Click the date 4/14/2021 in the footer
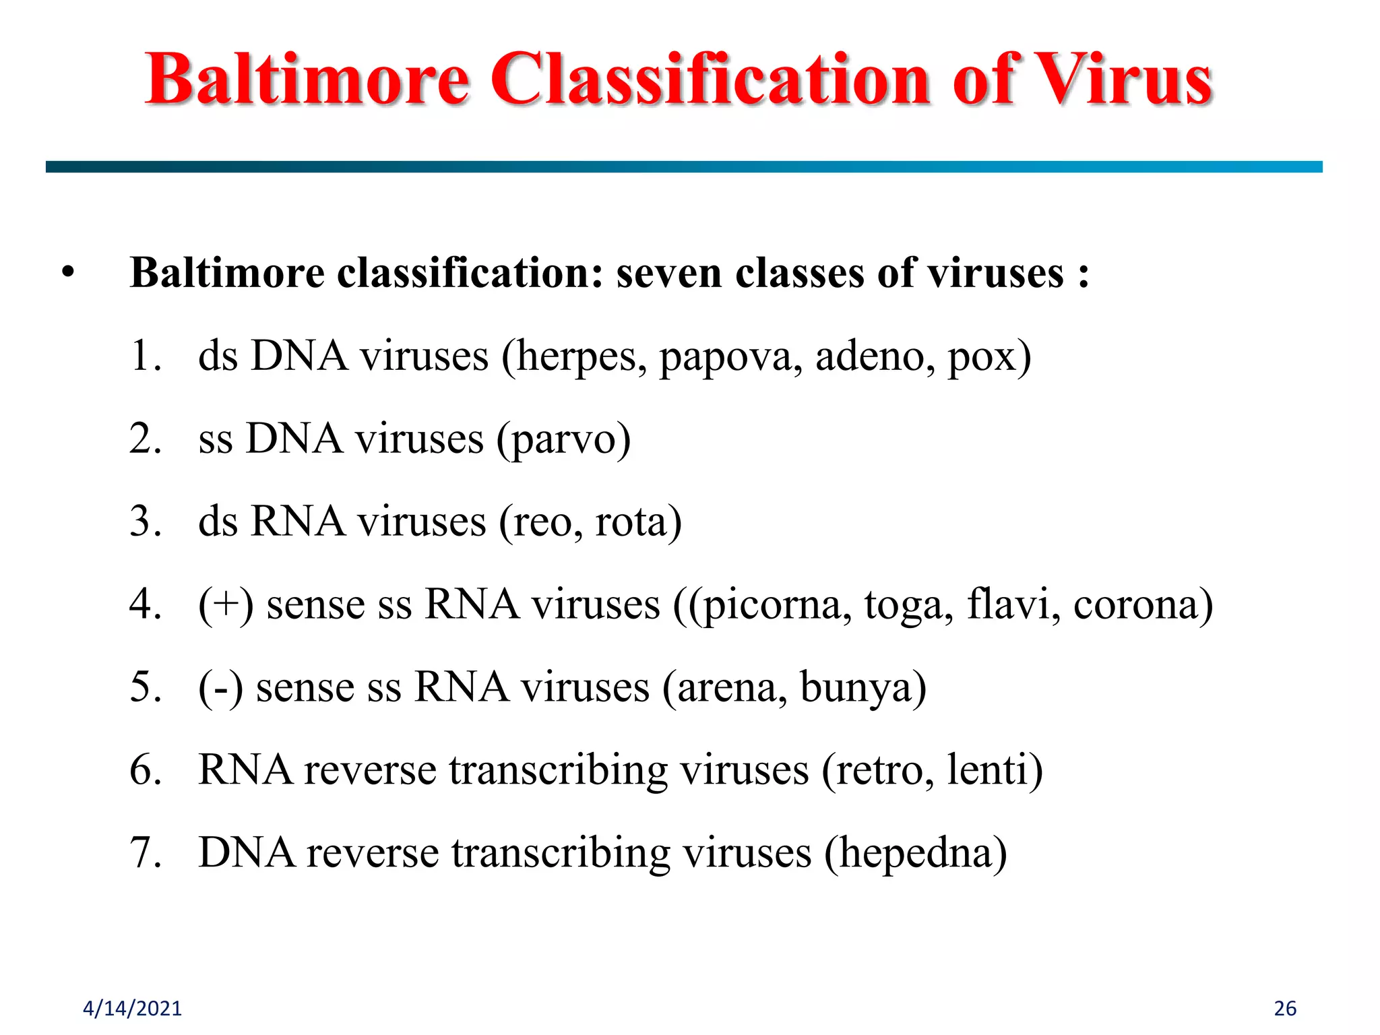click(x=132, y=1008)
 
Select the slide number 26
click(x=1285, y=1008)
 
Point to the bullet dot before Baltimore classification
click(x=67, y=273)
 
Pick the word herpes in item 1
click(x=575, y=357)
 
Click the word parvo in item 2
click(x=563, y=440)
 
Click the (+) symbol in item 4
click(x=226, y=604)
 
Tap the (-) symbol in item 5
click(x=220, y=688)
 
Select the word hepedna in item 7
click(x=916, y=854)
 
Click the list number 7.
click(x=144, y=852)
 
